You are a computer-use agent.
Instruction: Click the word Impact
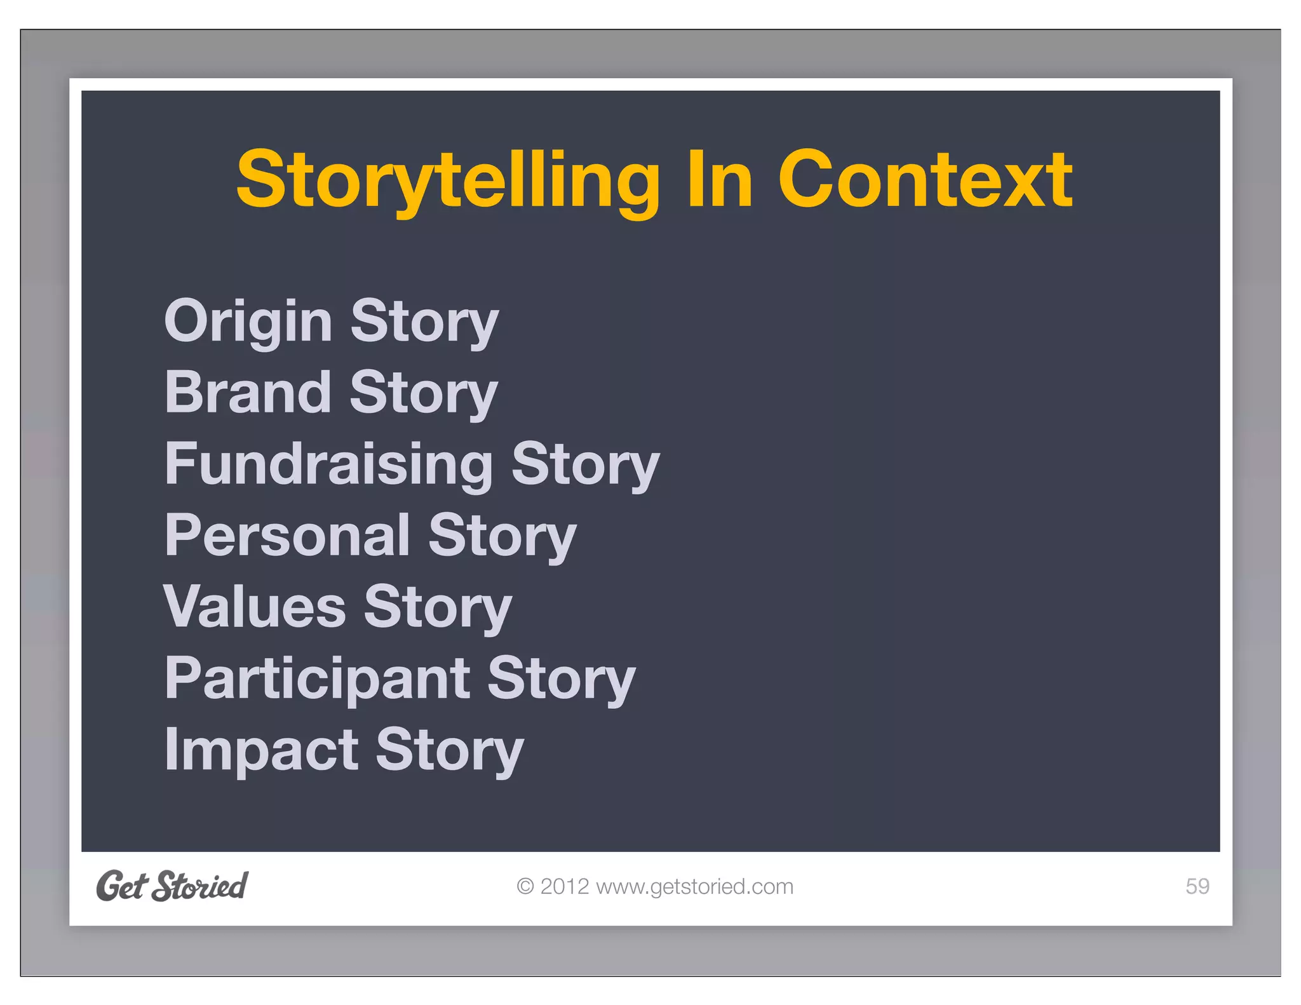(x=261, y=750)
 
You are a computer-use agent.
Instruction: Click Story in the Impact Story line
(x=450, y=751)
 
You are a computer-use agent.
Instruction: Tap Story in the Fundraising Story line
(x=586, y=465)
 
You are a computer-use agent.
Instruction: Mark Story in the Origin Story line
(x=424, y=322)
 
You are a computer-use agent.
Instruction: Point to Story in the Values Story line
(x=438, y=608)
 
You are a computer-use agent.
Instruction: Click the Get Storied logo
(x=172, y=886)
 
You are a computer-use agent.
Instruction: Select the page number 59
(x=1197, y=886)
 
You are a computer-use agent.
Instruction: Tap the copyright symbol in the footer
(x=525, y=886)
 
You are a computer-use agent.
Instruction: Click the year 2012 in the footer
(x=565, y=886)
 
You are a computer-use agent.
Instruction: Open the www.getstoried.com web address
(x=694, y=886)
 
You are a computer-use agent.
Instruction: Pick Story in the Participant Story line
(x=562, y=679)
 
